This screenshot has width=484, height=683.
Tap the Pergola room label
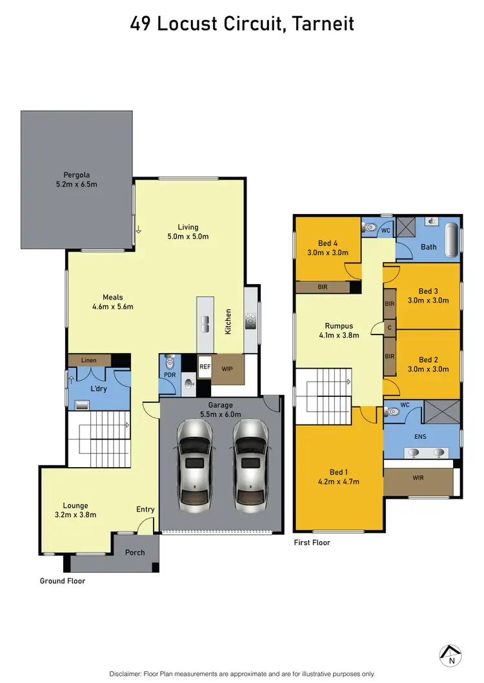tap(77, 175)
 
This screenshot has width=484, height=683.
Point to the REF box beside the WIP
tap(205, 367)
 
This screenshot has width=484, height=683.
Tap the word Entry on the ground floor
tap(145, 510)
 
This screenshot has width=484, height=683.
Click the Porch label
tap(135, 552)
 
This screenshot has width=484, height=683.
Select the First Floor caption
tap(312, 543)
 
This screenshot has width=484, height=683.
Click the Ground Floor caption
tap(63, 581)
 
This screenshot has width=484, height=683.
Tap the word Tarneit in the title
tap(323, 24)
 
